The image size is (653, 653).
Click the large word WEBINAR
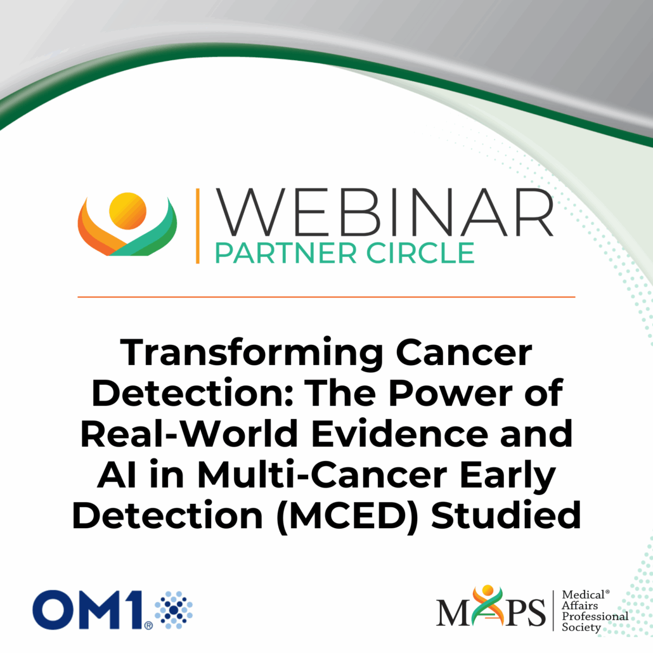[x=384, y=212]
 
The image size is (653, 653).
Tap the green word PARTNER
[x=286, y=253]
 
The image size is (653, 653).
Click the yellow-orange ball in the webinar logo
[x=128, y=210]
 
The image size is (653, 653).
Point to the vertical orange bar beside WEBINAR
[x=197, y=226]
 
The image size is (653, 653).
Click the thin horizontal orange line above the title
[x=326, y=297]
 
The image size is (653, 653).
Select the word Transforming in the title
[x=252, y=354]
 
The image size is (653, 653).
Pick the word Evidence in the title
[x=400, y=434]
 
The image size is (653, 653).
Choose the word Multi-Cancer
[x=322, y=475]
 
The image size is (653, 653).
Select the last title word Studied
[x=506, y=515]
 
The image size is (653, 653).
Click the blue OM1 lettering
[x=89, y=610]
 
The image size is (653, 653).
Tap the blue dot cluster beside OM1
[x=174, y=610]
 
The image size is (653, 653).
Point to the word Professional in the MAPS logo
[x=595, y=616]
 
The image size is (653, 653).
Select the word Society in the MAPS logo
[x=581, y=627]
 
